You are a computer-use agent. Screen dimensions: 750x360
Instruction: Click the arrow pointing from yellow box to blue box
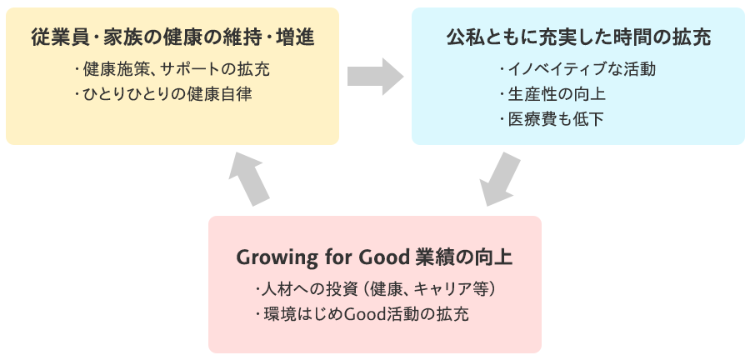[375, 77]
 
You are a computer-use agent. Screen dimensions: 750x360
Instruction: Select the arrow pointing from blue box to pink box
[500, 179]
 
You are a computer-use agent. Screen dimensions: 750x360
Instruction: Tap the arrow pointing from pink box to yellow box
[249, 179]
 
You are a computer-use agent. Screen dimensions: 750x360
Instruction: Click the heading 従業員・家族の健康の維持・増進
[172, 37]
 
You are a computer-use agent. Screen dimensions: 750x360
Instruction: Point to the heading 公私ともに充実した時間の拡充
[579, 37]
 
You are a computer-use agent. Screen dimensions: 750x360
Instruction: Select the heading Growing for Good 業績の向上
[374, 257]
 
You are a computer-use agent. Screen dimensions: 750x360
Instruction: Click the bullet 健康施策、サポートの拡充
[172, 70]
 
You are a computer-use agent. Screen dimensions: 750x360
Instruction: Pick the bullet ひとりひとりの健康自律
[163, 94]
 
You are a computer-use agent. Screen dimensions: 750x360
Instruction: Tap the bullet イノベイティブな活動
[577, 70]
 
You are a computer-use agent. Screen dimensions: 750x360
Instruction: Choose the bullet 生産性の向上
[552, 94]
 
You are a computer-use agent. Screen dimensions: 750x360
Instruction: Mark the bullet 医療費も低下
[551, 119]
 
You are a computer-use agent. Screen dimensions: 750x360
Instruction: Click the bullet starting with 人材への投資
[376, 290]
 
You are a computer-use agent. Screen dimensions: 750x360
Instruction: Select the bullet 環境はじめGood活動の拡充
[362, 314]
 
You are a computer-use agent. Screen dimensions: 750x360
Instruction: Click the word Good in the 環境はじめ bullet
[360, 314]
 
